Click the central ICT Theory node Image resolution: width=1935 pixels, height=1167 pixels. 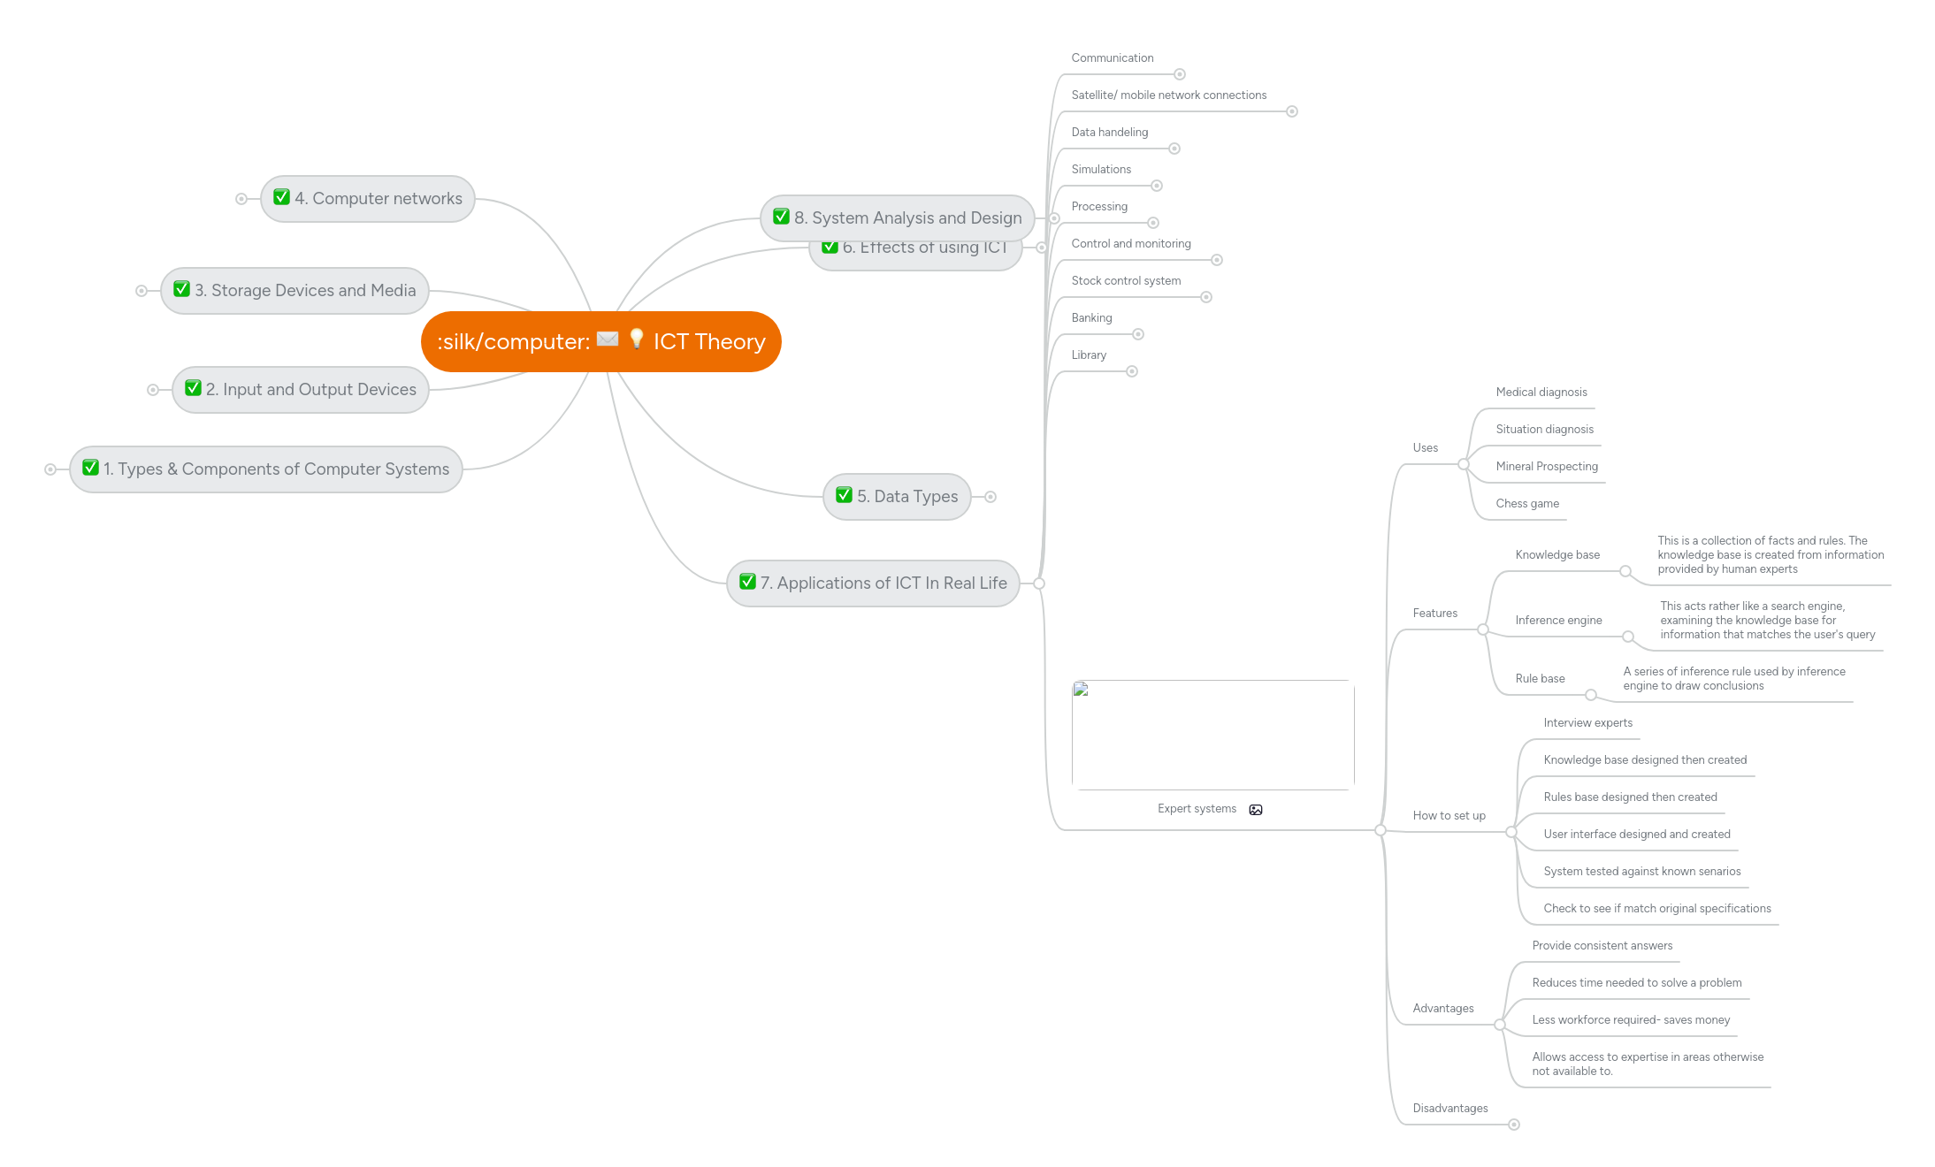click(x=601, y=342)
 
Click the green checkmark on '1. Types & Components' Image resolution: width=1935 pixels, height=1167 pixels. click(x=90, y=468)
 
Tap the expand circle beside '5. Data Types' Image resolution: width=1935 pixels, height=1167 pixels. click(x=990, y=497)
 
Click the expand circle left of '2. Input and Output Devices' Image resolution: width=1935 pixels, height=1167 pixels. click(x=153, y=390)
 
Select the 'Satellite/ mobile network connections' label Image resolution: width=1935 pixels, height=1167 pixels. click(x=1168, y=95)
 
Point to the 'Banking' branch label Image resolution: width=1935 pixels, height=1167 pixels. click(x=1091, y=318)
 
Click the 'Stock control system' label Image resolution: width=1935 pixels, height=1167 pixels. click(x=1126, y=281)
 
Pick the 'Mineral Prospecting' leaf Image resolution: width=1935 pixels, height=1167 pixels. click(x=1547, y=467)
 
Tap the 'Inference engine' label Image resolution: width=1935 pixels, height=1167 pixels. click(x=1558, y=621)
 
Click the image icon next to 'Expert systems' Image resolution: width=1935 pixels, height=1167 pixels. click(x=1256, y=810)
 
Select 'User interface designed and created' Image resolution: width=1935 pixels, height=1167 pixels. click(x=1636, y=835)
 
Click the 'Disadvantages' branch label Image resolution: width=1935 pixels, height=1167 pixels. click(x=1449, y=1109)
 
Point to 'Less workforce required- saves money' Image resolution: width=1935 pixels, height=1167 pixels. click(x=1631, y=1020)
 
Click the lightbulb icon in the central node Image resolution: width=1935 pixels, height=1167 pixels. click(x=637, y=339)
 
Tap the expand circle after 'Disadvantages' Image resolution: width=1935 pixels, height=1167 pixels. click(x=1514, y=1125)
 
